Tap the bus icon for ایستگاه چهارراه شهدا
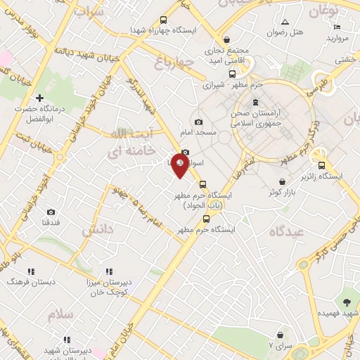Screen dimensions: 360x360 click(164, 20)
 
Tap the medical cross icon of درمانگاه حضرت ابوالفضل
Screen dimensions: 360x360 click(40, 98)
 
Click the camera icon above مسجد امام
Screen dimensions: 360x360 click(198, 122)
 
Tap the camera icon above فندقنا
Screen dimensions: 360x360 click(51, 212)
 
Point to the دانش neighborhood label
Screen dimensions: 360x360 click(98, 229)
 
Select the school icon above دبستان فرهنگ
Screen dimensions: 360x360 click(31, 271)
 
